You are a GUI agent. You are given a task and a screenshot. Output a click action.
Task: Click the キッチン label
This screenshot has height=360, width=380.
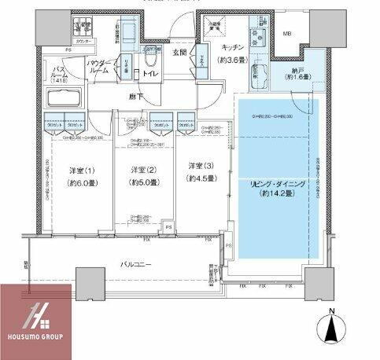pos(234,47)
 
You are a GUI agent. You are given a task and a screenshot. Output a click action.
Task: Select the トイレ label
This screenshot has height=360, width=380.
pos(150,74)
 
